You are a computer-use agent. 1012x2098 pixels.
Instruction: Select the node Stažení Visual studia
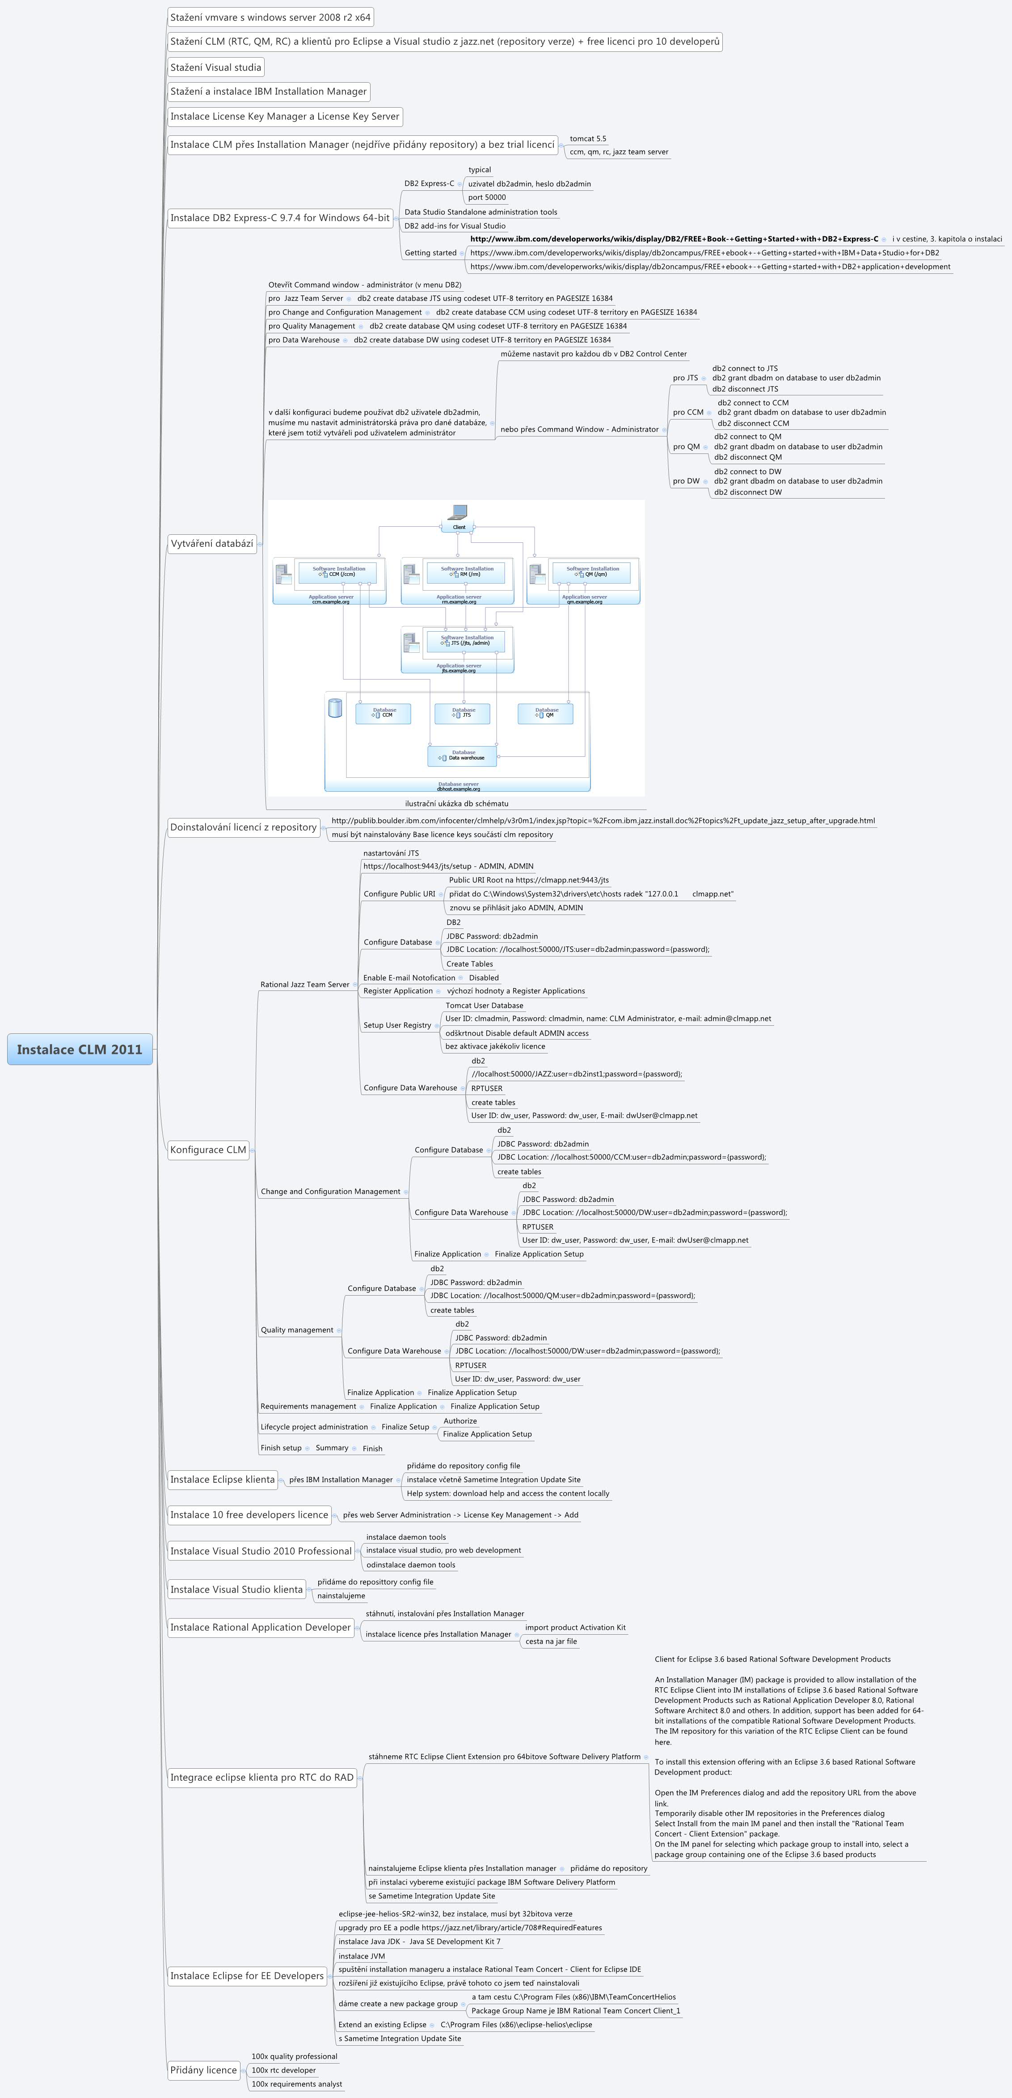[216, 67]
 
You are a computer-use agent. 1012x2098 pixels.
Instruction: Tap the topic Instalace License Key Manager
[284, 117]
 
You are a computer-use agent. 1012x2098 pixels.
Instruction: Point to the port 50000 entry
[486, 197]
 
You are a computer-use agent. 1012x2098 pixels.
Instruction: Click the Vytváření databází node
[212, 543]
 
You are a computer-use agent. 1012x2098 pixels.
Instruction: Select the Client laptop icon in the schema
[459, 513]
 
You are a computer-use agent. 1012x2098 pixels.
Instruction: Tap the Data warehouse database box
[462, 756]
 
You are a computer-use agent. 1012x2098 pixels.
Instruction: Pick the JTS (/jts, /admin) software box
[466, 641]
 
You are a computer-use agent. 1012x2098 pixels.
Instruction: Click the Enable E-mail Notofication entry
[409, 978]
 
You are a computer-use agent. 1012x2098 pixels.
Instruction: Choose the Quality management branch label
[297, 1330]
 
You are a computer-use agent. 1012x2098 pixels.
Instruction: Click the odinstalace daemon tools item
[411, 1565]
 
